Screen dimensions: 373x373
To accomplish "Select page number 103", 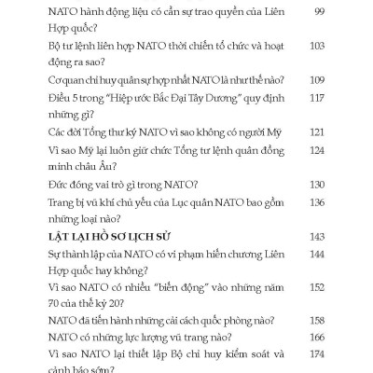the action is (x=315, y=44).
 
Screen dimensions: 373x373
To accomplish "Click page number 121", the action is (x=315, y=133).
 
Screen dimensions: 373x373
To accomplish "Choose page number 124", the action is (x=315, y=150).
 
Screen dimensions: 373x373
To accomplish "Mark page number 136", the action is (x=315, y=202).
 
